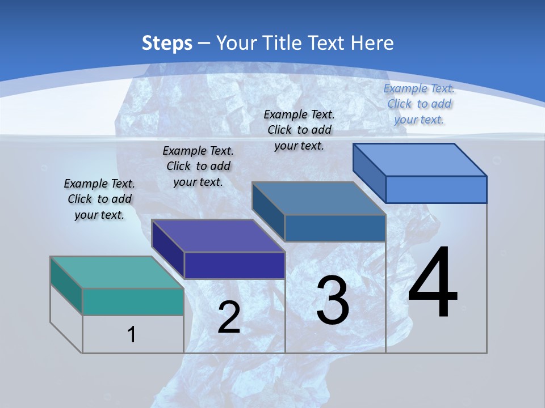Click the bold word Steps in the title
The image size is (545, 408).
(x=167, y=43)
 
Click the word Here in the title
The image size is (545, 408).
(x=372, y=43)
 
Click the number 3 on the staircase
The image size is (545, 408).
(x=333, y=300)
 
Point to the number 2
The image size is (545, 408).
(x=229, y=317)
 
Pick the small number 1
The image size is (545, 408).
(x=132, y=334)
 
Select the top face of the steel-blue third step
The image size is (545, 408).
(x=319, y=198)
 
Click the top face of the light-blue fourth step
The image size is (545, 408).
(x=420, y=160)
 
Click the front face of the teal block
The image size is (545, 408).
(x=133, y=301)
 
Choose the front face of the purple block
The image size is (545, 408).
(x=234, y=265)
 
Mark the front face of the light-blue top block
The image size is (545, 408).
(x=436, y=189)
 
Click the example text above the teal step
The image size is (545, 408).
(x=99, y=199)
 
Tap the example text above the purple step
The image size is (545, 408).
(x=198, y=166)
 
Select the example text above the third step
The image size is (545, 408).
(x=299, y=130)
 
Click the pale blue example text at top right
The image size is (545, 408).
(x=419, y=104)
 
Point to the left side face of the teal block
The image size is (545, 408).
(x=66, y=285)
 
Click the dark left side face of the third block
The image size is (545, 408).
(x=269, y=211)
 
